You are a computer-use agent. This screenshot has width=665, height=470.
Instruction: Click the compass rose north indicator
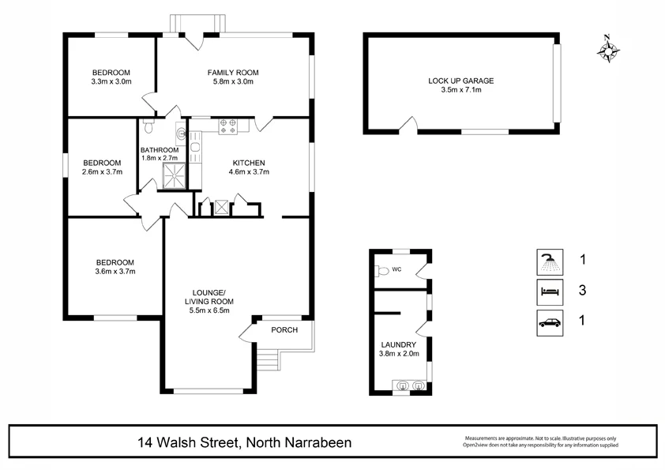click(607, 50)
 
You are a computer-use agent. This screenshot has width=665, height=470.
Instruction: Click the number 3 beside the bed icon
click(582, 291)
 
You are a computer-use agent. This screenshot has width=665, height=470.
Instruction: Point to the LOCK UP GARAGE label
click(460, 81)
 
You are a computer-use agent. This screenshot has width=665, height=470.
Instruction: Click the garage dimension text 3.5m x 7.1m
click(460, 90)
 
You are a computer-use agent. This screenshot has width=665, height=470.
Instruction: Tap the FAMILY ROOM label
click(233, 73)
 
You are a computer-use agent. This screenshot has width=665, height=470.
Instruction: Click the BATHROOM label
click(160, 150)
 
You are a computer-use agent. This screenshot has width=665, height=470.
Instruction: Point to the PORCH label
click(284, 329)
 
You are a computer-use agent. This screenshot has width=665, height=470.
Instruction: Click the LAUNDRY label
click(399, 345)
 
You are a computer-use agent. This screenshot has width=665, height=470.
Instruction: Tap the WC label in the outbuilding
click(398, 270)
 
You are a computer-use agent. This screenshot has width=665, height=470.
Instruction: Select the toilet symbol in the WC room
click(383, 270)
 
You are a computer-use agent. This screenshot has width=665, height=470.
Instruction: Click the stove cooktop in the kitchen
click(228, 123)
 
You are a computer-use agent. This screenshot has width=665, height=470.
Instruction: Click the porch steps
click(270, 360)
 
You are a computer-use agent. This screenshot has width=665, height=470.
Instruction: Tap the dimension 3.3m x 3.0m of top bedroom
click(111, 81)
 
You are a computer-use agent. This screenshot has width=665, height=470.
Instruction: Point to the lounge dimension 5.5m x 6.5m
click(209, 310)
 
